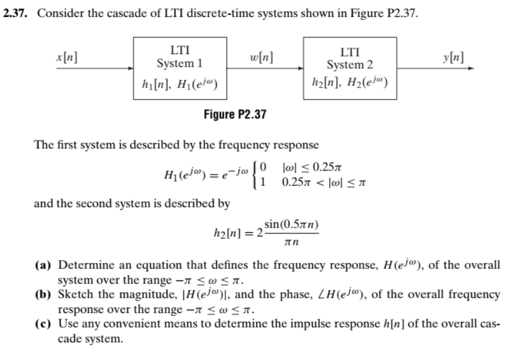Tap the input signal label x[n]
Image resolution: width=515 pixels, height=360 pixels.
(67, 58)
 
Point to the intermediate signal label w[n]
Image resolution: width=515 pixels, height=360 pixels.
(261, 58)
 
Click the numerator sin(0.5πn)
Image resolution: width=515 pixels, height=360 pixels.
(292, 225)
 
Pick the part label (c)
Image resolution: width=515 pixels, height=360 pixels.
(48, 323)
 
